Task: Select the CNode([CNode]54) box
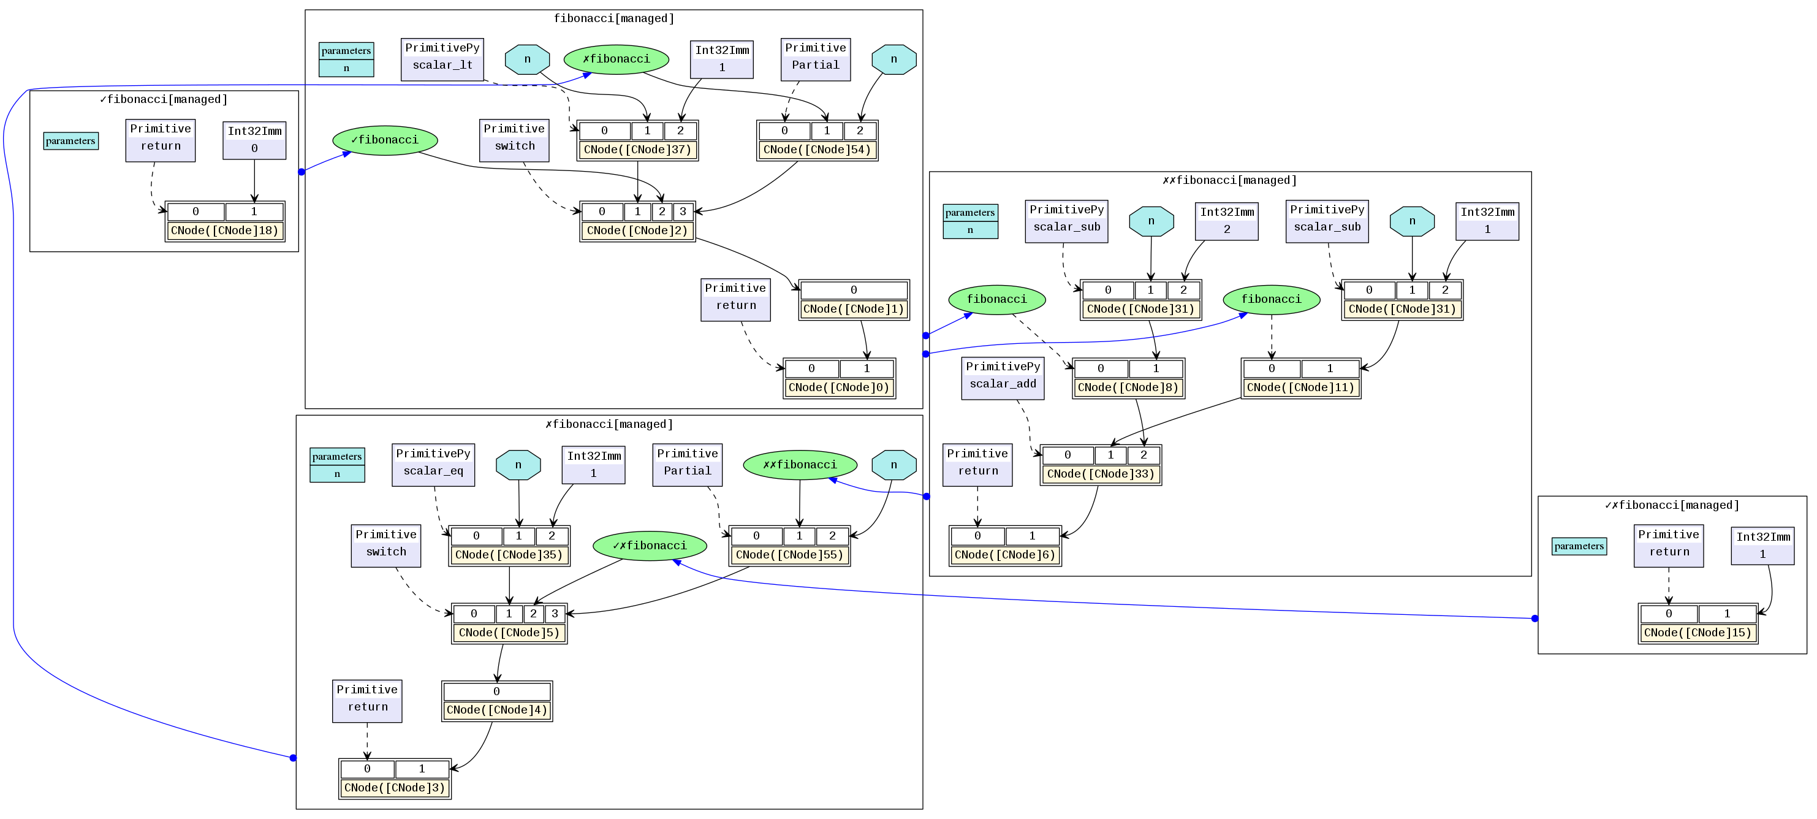[817, 150]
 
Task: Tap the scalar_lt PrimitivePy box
[442, 59]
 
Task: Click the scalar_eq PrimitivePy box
[433, 464]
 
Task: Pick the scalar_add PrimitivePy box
[1003, 378]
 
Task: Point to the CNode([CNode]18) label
[225, 230]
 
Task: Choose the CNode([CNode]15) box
[1698, 633]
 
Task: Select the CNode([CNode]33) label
[1101, 474]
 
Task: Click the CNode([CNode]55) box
[789, 554]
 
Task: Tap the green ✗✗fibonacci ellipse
[800, 465]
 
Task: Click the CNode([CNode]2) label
[637, 230]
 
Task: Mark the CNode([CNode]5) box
[509, 633]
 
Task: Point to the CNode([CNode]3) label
[394, 788]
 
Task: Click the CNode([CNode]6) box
[1004, 554]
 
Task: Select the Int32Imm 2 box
[1227, 221]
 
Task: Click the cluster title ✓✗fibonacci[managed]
[1672, 505]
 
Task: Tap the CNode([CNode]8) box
[1128, 387]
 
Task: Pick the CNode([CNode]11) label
[1300, 387]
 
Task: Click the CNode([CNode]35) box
[509, 554]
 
